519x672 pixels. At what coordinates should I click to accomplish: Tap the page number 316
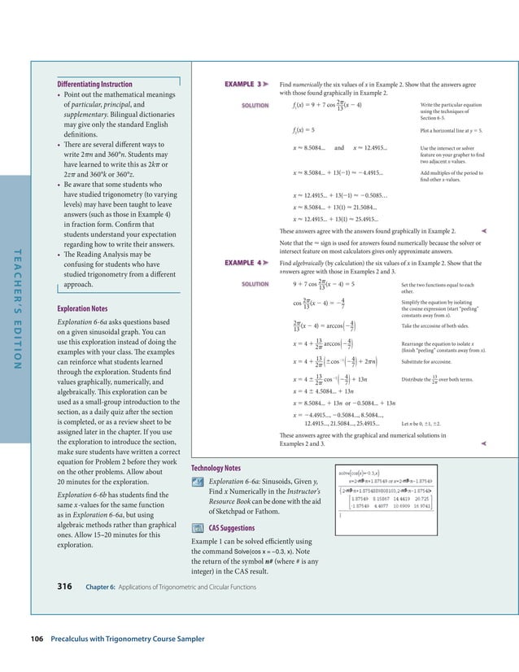pyautogui.click(x=68, y=585)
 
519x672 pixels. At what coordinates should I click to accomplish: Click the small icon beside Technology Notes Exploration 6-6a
pyautogui.click(x=197, y=482)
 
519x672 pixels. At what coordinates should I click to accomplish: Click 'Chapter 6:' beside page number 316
pyautogui.click(x=102, y=586)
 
